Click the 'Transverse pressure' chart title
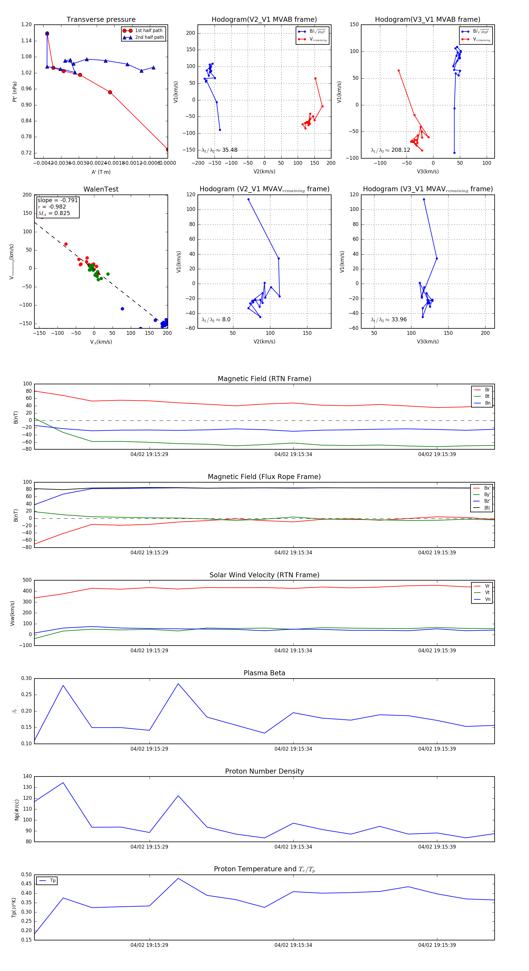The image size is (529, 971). point(101,20)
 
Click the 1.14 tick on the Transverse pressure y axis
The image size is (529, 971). point(26,41)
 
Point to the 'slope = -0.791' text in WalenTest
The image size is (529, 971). point(58,200)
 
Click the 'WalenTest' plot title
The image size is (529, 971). point(101,189)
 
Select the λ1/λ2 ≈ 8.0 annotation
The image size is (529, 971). point(216,320)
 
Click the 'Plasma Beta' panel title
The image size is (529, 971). point(264,673)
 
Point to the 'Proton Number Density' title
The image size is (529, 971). point(264,771)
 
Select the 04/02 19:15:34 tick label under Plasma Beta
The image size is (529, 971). point(293,749)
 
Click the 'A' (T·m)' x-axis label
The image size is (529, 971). point(101,172)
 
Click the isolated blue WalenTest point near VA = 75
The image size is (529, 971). point(122,309)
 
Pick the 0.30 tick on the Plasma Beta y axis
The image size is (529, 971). point(26,678)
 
